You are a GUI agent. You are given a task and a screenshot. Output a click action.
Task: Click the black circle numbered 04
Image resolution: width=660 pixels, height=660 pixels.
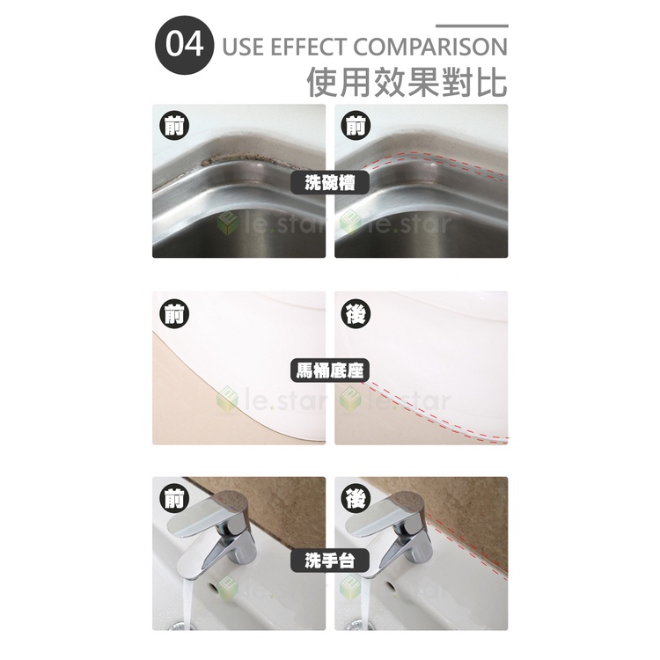(185, 46)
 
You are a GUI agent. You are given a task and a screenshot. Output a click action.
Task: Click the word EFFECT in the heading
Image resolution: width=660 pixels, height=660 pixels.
(309, 47)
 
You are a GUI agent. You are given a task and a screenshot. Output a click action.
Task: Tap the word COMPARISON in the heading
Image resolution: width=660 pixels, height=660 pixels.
(430, 47)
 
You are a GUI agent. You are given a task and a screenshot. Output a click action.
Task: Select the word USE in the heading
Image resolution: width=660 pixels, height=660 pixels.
(243, 47)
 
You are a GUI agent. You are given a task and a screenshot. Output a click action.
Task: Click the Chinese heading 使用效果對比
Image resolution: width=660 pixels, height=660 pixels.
(407, 82)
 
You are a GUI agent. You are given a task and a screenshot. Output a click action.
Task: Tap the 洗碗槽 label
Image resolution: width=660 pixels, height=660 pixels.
(330, 183)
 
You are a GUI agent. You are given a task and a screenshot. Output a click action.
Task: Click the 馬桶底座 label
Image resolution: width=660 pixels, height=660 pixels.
(330, 371)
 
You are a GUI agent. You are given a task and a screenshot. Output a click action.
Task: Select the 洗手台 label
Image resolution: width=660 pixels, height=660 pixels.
(330, 561)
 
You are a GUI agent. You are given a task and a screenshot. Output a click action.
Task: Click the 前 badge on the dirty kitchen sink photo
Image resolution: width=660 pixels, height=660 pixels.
(174, 126)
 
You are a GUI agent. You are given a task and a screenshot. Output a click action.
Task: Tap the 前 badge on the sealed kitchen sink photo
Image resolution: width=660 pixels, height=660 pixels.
(356, 126)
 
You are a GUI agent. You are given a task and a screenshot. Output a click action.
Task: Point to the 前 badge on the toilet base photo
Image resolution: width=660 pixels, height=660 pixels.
(174, 314)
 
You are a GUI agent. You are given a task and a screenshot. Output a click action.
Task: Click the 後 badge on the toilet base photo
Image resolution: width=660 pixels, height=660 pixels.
(356, 314)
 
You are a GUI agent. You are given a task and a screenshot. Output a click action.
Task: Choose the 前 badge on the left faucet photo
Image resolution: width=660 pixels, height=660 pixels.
(174, 499)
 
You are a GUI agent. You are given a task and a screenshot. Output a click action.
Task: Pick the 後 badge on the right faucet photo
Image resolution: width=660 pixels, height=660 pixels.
(356, 499)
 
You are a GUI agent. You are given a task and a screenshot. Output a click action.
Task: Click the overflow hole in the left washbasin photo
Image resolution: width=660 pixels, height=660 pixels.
(212, 585)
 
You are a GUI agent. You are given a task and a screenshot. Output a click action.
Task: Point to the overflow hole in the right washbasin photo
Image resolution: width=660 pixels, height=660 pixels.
(391, 585)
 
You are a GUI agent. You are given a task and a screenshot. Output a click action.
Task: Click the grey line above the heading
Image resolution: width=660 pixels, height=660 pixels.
(472, 26)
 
